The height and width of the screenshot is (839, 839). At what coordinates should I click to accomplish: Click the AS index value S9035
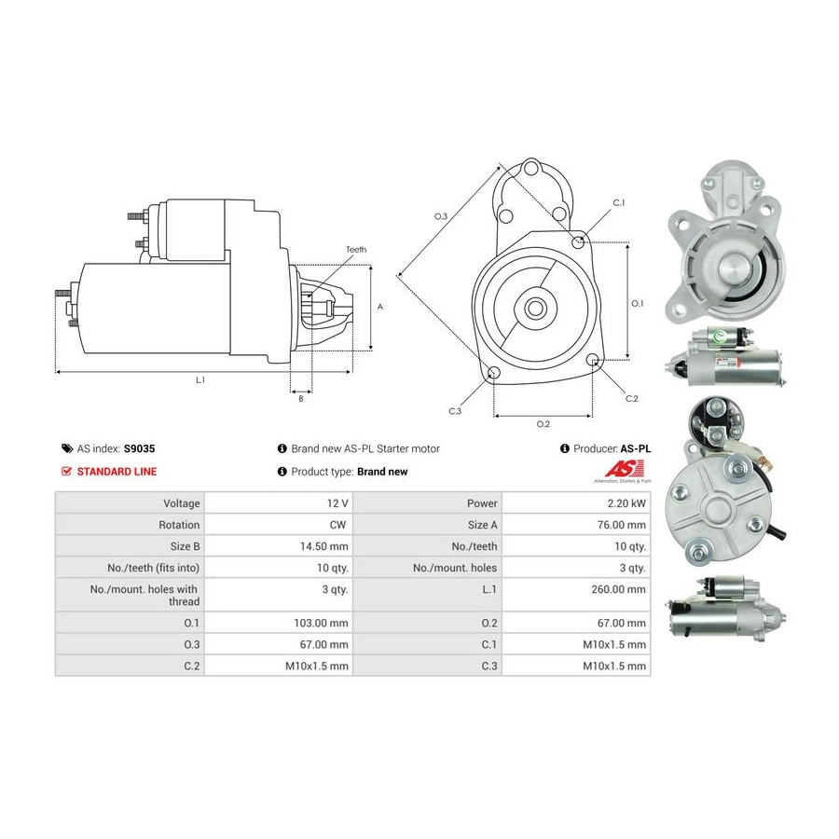point(139,448)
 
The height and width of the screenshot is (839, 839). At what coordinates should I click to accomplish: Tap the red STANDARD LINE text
point(117,472)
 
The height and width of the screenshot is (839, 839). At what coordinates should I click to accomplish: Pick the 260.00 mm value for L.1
point(619,589)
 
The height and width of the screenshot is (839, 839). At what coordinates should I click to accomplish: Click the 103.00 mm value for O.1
point(321,623)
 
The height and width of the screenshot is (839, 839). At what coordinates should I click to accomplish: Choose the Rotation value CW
point(337,524)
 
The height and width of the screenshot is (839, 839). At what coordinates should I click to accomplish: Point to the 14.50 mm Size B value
point(323,546)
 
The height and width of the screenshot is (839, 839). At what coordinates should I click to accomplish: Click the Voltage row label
point(182,503)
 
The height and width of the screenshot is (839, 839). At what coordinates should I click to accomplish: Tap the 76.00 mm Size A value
point(622,524)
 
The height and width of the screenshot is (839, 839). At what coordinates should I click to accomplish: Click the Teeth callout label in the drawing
point(356,249)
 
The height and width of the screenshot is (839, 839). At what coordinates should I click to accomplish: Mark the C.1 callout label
point(619,203)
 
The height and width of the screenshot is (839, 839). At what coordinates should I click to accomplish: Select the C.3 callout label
point(455,411)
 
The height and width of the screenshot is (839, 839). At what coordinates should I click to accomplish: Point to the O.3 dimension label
point(440,216)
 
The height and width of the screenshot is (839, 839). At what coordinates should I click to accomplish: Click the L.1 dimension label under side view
point(200,380)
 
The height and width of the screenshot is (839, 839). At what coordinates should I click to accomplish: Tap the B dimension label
point(301,399)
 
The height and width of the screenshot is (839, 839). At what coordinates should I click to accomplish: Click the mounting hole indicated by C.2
point(592,360)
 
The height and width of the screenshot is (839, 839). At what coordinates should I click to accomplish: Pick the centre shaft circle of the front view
point(534,308)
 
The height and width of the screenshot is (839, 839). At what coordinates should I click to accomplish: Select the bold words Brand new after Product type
point(382,472)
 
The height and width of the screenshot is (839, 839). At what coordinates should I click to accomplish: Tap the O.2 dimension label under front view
point(543,424)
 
